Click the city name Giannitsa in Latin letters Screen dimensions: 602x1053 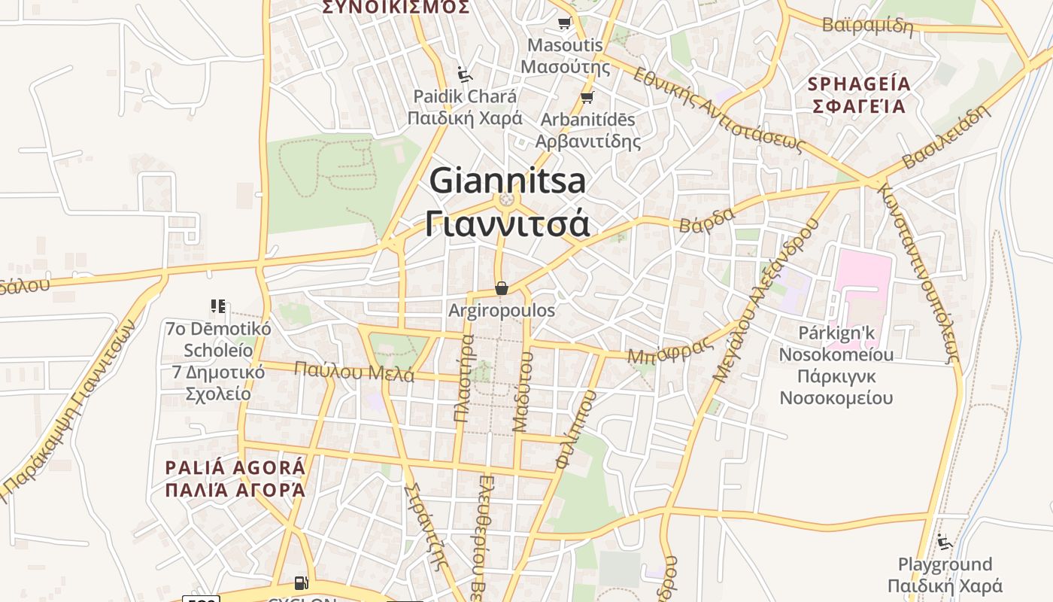(x=507, y=181)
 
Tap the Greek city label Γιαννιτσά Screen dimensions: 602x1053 (x=507, y=223)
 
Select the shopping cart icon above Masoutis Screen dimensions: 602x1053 (x=564, y=23)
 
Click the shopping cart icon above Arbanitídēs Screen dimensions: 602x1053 (x=587, y=97)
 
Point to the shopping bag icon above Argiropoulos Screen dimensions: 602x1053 (x=502, y=288)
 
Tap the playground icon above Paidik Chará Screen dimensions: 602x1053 (x=465, y=74)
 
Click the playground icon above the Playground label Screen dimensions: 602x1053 (x=945, y=541)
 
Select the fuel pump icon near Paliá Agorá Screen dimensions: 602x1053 (x=301, y=582)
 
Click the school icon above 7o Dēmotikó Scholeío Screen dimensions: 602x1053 (x=218, y=306)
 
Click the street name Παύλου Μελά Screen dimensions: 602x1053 (x=354, y=371)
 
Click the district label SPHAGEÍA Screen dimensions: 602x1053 (x=857, y=84)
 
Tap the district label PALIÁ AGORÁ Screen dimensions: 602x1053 (x=235, y=467)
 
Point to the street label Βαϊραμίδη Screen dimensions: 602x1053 (x=867, y=26)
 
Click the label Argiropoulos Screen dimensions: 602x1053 (x=502, y=310)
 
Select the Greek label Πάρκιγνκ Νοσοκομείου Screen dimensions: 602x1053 (x=836, y=387)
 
